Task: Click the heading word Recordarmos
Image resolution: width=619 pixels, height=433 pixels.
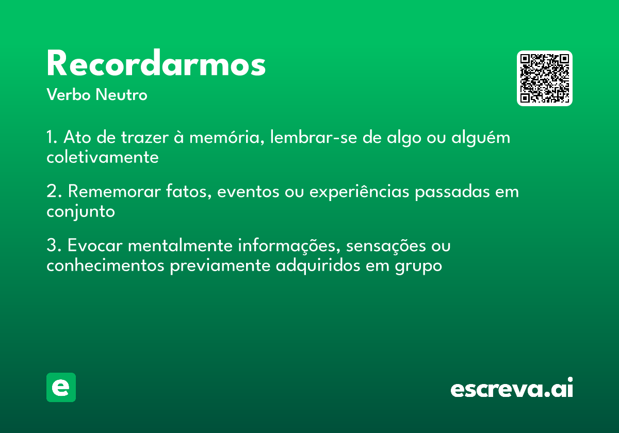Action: [x=156, y=63]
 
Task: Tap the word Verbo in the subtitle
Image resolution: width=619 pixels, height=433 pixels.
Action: [x=69, y=94]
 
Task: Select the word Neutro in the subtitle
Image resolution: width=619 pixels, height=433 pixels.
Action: [x=121, y=94]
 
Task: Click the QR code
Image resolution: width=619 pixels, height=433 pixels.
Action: [x=544, y=78]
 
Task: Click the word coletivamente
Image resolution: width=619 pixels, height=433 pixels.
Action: [x=103, y=157]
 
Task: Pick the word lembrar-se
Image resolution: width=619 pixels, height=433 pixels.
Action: [x=314, y=137]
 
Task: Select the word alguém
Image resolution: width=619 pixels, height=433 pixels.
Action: [x=481, y=138]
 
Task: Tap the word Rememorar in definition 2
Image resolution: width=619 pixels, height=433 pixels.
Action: [x=114, y=191]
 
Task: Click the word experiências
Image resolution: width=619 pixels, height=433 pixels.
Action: [x=359, y=192]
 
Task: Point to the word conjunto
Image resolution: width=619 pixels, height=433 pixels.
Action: [x=80, y=212]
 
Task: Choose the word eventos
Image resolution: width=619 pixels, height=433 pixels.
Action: [x=248, y=192]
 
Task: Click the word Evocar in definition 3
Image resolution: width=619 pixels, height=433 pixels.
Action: [x=95, y=245]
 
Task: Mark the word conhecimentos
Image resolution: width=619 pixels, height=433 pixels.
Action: [x=105, y=265]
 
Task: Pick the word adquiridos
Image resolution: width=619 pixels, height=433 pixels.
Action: [x=318, y=266]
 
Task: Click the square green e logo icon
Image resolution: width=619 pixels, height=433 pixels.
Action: [x=61, y=387]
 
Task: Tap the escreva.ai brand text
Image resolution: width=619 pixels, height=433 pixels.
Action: [x=512, y=388]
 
